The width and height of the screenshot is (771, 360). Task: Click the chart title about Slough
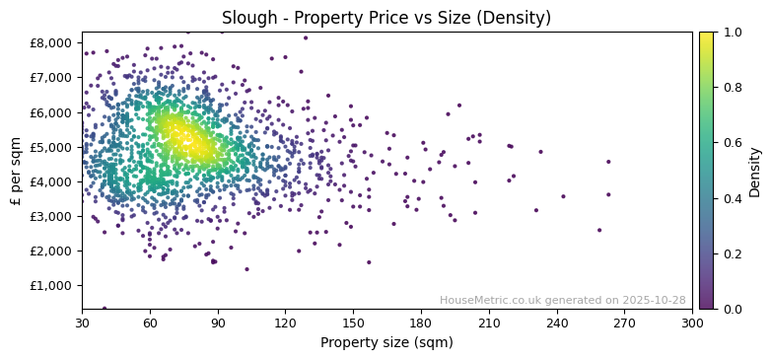pos(386,18)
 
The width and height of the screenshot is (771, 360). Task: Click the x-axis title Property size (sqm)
pos(386,343)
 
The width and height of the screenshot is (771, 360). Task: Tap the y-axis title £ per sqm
pos(16,171)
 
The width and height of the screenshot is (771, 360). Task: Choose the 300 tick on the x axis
pos(692,323)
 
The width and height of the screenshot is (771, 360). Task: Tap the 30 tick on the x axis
pos(82,323)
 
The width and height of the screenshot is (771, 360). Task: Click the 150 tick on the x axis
pos(353,323)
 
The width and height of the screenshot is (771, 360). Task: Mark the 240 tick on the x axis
pos(556,323)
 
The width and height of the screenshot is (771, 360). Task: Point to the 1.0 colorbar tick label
pos(733,33)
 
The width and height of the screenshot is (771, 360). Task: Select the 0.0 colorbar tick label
pos(733,310)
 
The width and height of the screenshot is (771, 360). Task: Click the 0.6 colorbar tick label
pos(733,143)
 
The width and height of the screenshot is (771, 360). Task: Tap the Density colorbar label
pos(755,171)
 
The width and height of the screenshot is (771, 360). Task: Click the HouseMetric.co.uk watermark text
pos(562,300)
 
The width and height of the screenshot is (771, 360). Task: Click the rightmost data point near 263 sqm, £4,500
pos(608,162)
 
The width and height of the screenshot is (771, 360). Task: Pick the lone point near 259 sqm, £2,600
pos(599,230)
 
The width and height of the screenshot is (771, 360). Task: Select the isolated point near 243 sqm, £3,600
pos(563,196)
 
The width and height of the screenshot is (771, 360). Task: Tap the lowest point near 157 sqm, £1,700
pos(369,262)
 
